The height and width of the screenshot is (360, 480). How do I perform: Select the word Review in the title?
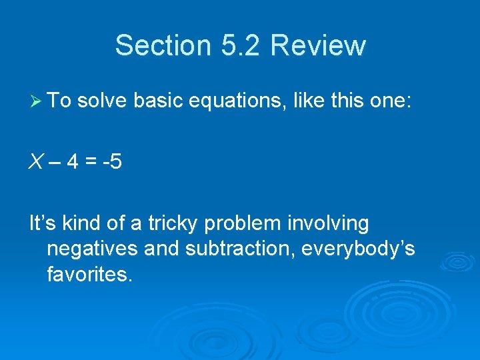click(x=319, y=45)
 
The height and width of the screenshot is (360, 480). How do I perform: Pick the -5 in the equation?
click(x=113, y=162)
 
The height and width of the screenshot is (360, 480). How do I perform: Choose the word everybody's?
click(x=359, y=249)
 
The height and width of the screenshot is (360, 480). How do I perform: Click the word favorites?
click(x=89, y=273)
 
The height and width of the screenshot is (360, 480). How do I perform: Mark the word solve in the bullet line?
click(x=103, y=101)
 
